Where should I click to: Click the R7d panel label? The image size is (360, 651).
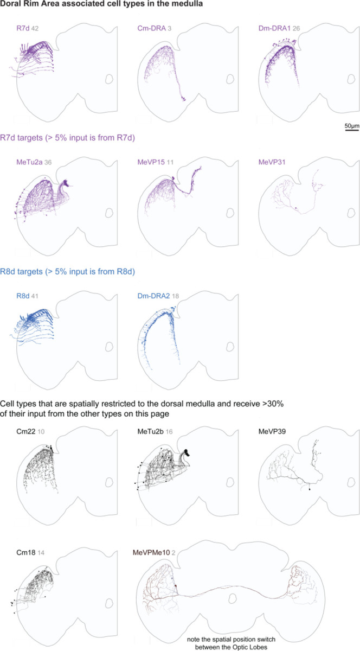(x=23, y=28)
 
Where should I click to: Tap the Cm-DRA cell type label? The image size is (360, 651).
(x=151, y=28)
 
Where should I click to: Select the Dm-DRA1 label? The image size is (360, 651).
(x=274, y=28)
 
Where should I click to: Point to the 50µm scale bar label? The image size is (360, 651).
(x=352, y=126)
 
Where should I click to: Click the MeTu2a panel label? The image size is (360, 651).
(x=30, y=162)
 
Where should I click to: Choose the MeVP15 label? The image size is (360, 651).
(x=151, y=162)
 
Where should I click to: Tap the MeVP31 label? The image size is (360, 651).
(x=272, y=162)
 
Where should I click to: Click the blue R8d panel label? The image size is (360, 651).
(x=23, y=296)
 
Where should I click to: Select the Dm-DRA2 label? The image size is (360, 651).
(x=153, y=296)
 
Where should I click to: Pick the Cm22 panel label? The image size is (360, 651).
(x=26, y=432)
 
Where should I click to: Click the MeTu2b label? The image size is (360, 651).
(x=151, y=432)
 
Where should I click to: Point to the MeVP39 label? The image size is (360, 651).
(x=272, y=432)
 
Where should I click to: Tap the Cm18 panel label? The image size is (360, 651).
(x=26, y=552)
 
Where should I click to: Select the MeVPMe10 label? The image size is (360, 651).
(x=151, y=552)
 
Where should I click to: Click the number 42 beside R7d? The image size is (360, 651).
(x=35, y=28)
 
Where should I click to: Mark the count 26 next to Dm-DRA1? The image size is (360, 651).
(x=296, y=28)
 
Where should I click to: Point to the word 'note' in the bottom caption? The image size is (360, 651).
(x=193, y=640)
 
